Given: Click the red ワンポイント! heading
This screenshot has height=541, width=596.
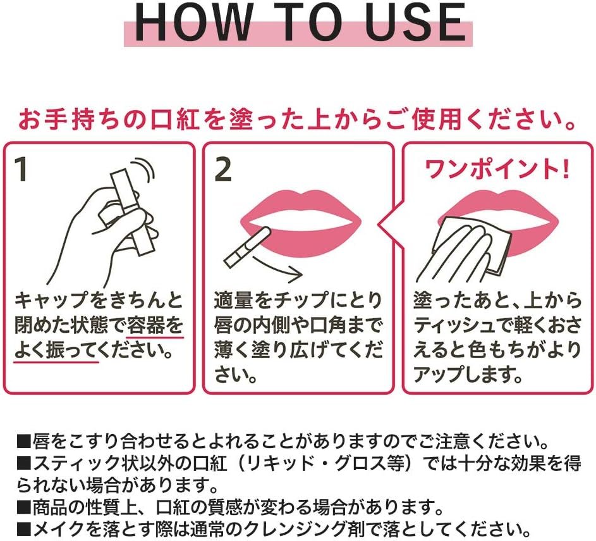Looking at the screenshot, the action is click(497, 169).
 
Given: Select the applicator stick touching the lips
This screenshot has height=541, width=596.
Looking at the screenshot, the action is click(248, 247).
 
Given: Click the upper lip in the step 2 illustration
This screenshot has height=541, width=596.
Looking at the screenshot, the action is click(301, 208).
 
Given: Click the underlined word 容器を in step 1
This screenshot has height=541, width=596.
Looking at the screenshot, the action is click(155, 326).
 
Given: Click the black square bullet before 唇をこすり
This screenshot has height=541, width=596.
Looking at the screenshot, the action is click(23, 443).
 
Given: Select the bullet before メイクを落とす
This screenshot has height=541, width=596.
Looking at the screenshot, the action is click(23, 529).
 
